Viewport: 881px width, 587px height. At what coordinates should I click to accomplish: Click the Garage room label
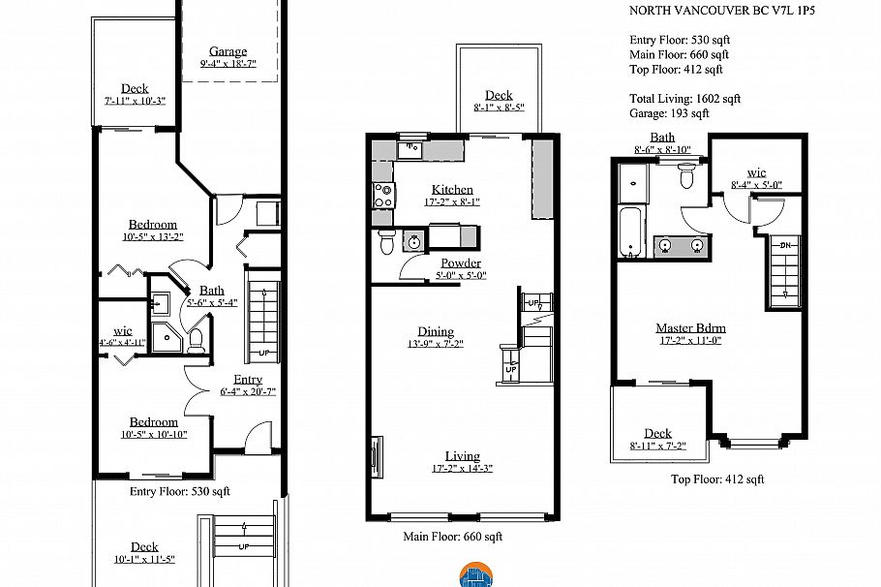pos(228,51)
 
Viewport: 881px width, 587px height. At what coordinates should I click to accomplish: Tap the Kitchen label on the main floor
pos(452,189)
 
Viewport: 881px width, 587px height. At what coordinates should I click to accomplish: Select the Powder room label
pos(461,263)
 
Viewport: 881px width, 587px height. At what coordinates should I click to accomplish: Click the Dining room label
pos(436,331)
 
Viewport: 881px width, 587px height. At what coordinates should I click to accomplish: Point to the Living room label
pos(462,456)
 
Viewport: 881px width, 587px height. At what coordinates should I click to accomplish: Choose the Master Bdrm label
pos(690,327)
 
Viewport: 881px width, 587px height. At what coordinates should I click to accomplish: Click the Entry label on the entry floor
pos(248,379)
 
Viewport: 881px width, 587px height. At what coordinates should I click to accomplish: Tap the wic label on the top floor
pos(756,172)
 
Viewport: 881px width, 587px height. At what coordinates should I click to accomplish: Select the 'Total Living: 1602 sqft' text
pos(684,98)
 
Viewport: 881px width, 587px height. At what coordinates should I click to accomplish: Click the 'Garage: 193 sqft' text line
pos(669,113)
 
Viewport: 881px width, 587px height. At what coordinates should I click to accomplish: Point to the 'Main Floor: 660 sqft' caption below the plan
pos(452,536)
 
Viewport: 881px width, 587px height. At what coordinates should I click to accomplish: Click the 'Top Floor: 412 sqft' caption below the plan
pos(717,479)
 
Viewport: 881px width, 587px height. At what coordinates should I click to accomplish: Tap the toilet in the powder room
pos(386,241)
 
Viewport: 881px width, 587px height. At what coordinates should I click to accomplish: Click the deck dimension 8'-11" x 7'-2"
pos(657,446)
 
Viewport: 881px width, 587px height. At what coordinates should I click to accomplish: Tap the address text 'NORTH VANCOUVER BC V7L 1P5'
pos(710,12)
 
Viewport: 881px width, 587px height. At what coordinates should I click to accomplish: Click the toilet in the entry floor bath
pos(196,339)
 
